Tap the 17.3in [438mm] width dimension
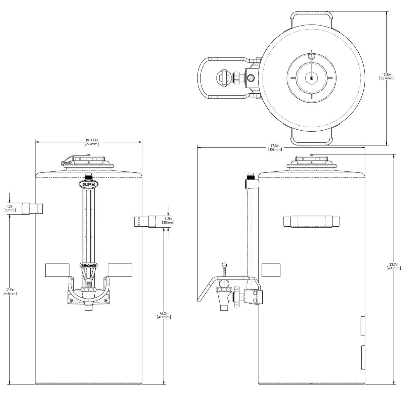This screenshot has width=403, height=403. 274,148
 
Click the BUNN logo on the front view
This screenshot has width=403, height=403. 89,184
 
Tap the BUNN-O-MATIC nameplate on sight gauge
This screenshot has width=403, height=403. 89,265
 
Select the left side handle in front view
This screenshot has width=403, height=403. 33,208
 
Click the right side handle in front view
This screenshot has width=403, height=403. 145,222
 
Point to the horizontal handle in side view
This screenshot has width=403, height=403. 312,222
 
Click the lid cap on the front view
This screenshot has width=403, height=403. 88,160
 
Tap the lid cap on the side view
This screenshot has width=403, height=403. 311,161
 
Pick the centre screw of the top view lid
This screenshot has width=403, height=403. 312,78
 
